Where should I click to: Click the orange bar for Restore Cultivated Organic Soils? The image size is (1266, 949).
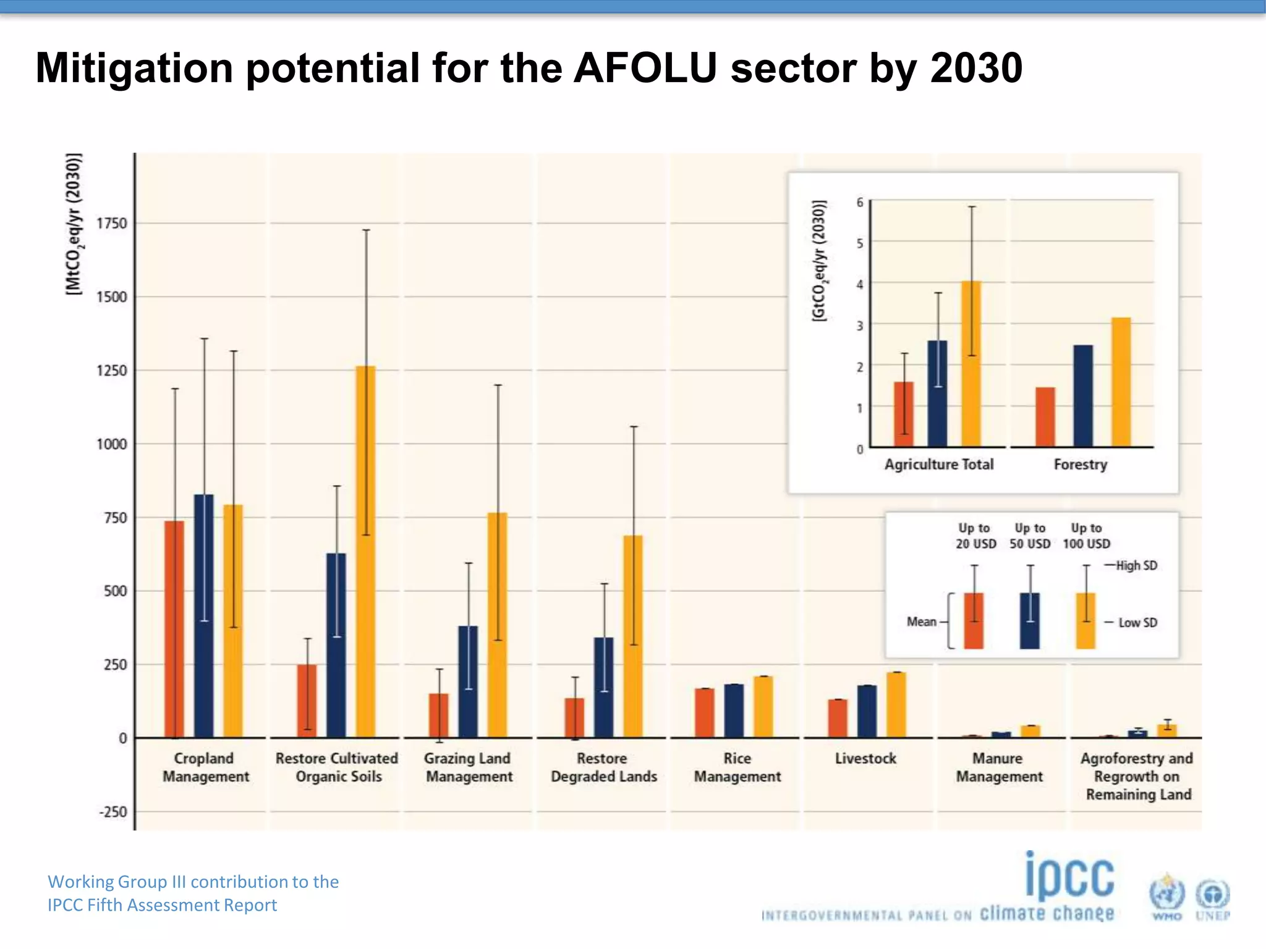tap(365, 556)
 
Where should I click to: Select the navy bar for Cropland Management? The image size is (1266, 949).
tap(204, 618)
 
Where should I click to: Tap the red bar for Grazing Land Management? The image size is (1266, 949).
tap(439, 717)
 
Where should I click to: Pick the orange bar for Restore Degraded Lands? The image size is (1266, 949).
tap(633, 636)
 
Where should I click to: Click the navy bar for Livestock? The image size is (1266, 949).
tap(867, 712)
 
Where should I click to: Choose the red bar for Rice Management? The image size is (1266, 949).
tap(704, 713)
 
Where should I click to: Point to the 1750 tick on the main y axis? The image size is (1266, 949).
tap(112, 224)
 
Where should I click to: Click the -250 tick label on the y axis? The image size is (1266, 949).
tap(113, 812)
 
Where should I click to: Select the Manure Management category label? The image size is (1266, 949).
tap(999, 767)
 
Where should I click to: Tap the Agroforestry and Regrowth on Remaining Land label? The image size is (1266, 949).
tap(1137, 776)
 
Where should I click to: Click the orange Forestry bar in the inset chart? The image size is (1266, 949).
tap(1121, 383)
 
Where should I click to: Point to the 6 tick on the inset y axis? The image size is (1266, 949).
tap(860, 203)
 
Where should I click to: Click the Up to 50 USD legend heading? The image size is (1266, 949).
tap(1030, 536)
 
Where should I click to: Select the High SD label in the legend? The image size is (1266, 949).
tap(1136, 565)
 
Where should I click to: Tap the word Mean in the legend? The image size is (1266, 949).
tap(921, 622)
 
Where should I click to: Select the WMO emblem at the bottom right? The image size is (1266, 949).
tap(1166, 896)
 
